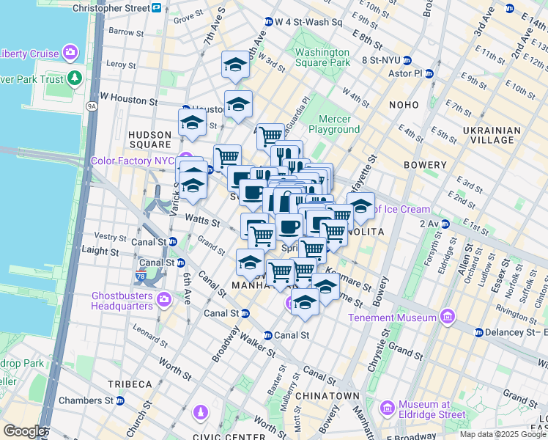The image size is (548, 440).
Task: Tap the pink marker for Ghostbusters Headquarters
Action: pyautogui.click(x=163, y=298)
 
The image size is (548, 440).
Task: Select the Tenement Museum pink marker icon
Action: pyautogui.click(x=447, y=318)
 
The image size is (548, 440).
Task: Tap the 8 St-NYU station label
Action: pyautogui.click(x=377, y=60)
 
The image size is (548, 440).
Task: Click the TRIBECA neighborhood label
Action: pyautogui.click(x=129, y=384)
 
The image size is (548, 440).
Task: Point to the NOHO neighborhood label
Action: pyautogui.click(x=404, y=105)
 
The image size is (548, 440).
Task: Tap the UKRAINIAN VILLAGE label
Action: pyautogui.click(x=491, y=136)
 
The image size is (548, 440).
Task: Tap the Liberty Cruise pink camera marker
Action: pyautogui.click(x=70, y=52)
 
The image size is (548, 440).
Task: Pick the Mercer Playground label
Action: pyautogui.click(x=334, y=124)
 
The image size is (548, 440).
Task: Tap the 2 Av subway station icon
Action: pyautogui.click(x=445, y=224)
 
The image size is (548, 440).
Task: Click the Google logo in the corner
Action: pyautogui.click(x=23, y=432)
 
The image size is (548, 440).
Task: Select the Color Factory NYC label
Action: pyautogui.click(x=136, y=161)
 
